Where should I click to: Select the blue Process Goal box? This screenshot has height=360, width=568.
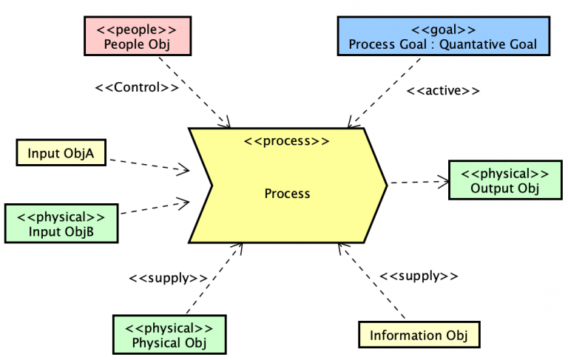(443, 36)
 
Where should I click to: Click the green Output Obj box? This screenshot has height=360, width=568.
(504, 180)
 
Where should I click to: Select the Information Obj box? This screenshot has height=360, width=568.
(419, 336)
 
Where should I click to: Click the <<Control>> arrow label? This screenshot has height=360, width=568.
(137, 87)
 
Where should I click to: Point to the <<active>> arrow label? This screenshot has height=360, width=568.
(444, 92)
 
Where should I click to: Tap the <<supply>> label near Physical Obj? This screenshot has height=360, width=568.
(168, 279)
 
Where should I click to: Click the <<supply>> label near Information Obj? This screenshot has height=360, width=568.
(419, 276)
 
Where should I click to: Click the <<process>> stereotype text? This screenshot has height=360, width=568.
(287, 141)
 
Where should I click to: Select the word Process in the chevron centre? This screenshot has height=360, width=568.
(287, 194)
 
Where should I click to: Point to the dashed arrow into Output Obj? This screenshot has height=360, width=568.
(418, 180)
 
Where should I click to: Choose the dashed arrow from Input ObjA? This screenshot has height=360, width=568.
(148, 163)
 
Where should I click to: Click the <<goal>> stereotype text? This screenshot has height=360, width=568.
(443, 30)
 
